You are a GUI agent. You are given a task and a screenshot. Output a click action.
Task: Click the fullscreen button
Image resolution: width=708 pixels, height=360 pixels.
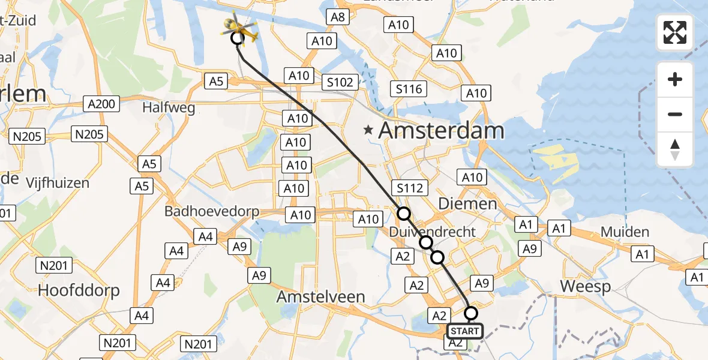coord(675,32)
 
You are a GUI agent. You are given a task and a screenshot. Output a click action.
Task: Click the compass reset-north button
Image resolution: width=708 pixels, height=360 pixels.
coord(675,149)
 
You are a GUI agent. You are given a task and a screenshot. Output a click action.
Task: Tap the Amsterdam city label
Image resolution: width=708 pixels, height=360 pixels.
coord(441,130)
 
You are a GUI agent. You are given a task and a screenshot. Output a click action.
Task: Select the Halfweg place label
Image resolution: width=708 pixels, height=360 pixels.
coord(160,107)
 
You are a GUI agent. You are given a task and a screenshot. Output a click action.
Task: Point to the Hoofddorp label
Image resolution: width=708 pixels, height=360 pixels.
coord(79,290)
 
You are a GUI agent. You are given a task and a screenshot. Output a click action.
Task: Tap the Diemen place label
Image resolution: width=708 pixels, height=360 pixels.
coord(467,203)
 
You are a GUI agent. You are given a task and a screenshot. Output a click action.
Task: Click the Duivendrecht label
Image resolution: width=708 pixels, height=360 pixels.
coord(432,232)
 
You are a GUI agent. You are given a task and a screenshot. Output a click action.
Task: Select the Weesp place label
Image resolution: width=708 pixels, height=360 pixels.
coord(586,286)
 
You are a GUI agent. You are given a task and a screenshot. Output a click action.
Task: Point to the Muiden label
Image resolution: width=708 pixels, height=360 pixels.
coord(624,232)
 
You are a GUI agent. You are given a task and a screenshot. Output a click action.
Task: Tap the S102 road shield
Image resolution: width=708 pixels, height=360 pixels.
coord(340,82)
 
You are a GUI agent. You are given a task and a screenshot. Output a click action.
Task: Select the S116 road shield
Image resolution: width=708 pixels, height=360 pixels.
coord(409,89)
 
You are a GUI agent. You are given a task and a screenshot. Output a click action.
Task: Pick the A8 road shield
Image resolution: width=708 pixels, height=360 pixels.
coord(338,17)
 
